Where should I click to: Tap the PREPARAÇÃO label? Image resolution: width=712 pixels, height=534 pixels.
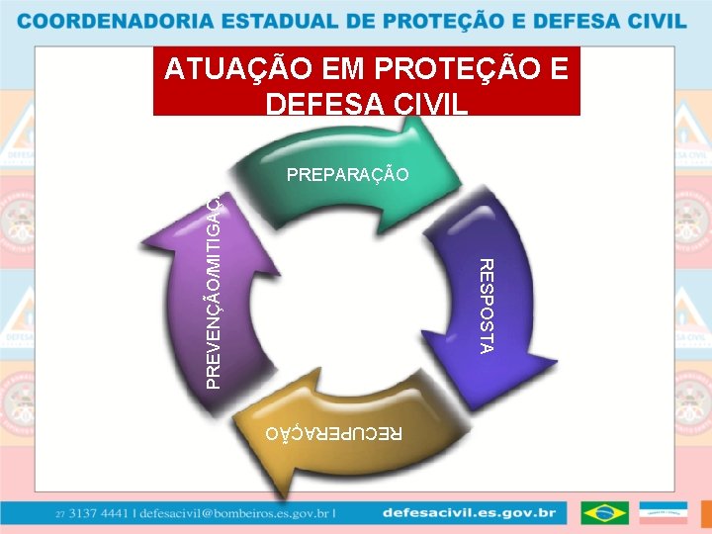(x=347, y=175)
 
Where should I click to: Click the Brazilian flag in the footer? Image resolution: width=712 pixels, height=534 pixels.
(x=604, y=513)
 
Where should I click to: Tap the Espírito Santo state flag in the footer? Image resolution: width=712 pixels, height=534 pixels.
(x=663, y=513)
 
